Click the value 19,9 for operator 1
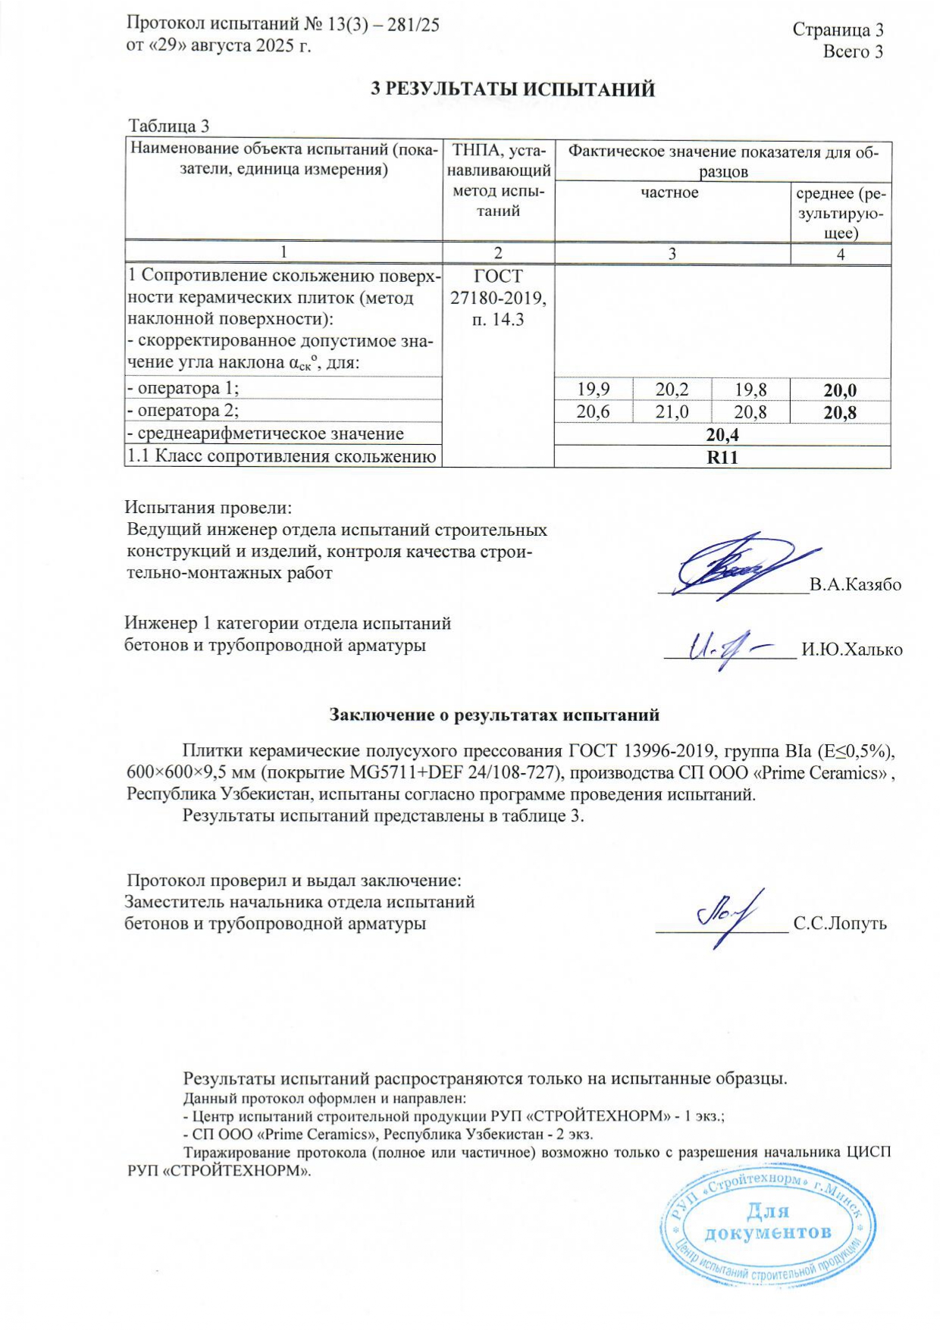click(x=594, y=390)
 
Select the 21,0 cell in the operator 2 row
click(x=672, y=412)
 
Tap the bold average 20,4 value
click(x=722, y=434)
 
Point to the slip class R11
click(x=722, y=457)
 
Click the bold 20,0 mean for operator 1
click(x=840, y=390)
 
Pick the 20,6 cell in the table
click(x=594, y=412)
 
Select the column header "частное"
click(x=669, y=192)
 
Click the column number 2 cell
click(x=498, y=254)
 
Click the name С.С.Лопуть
click(x=839, y=923)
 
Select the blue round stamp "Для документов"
click(x=768, y=1231)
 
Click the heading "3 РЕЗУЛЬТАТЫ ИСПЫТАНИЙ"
click(x=512, y=89)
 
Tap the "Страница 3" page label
click(x=838, y=30)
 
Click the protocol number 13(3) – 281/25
click(x=384, y=24)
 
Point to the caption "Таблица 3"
click(x=168, y=126)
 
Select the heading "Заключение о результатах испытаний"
click(x=494, y=714)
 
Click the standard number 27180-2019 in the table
click(x=498, y=298)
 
